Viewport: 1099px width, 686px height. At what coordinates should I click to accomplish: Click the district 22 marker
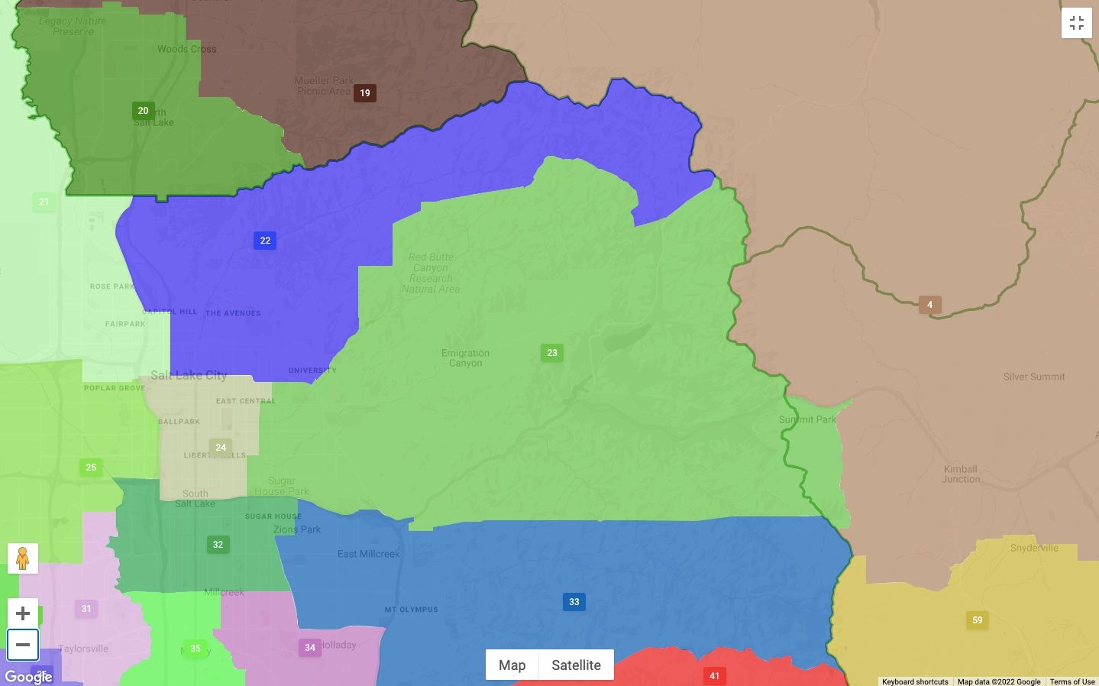[x=265, y=241]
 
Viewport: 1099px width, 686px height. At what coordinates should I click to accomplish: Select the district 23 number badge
[x=552, y=353]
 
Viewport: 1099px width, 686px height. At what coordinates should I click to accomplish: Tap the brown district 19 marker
[x=365, y=93]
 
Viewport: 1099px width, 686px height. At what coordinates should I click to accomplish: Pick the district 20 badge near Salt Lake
[x=143, y=111]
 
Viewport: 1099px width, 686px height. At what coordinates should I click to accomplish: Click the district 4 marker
[x=929, y=305]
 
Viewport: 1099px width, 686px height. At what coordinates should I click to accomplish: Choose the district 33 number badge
[x=574, y=602]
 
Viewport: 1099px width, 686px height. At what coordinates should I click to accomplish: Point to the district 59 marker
[x=978, y=620]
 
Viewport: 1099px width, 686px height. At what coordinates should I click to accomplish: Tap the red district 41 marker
[x=714, y=675]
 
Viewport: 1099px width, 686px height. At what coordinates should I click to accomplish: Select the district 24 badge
[x=221, y=448]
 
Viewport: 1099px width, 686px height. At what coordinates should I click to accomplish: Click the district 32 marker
[x=218, y=545]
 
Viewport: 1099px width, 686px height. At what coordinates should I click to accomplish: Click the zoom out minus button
[x=23, y=645]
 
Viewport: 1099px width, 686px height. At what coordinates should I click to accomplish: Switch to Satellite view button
[x=576, y=665]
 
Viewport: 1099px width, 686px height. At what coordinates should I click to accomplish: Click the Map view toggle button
[x=512, y=665]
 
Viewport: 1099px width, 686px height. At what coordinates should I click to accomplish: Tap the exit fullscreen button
[x=1077, y=23]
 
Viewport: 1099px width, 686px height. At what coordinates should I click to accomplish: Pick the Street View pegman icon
[x=23, y=559]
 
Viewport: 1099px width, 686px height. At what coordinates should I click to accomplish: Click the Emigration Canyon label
[x=465, y=358]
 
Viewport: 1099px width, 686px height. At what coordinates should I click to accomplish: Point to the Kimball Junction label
[x=961, y=474]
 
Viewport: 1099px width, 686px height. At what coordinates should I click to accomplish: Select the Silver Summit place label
[x=1034, y=377]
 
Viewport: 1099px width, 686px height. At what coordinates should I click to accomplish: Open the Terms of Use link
[x=1072, y=681]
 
